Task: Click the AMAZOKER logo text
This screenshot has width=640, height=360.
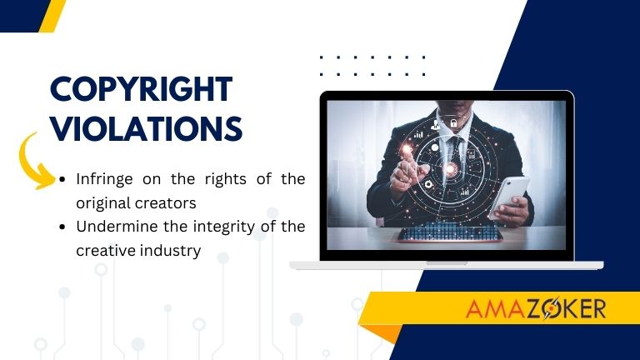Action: (536, 309)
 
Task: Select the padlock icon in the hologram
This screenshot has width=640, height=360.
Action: (453, 123)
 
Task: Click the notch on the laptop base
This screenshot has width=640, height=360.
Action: (447, 262)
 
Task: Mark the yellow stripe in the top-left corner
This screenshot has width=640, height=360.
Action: (52, 15)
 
